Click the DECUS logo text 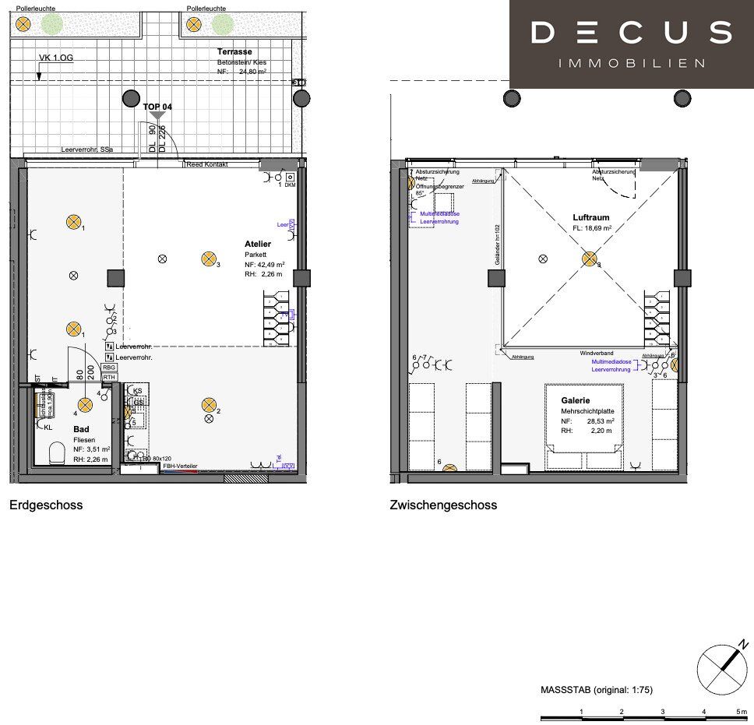631,33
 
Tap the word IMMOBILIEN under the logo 632,63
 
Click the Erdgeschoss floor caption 46,505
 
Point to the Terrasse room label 234,51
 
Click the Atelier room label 258,244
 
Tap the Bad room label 81,429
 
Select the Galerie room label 575,400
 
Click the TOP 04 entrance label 157,106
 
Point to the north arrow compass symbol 722,667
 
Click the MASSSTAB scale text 596,690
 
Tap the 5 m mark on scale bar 741,712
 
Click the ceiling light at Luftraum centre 590,259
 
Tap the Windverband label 596,354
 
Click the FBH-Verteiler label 180,466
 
